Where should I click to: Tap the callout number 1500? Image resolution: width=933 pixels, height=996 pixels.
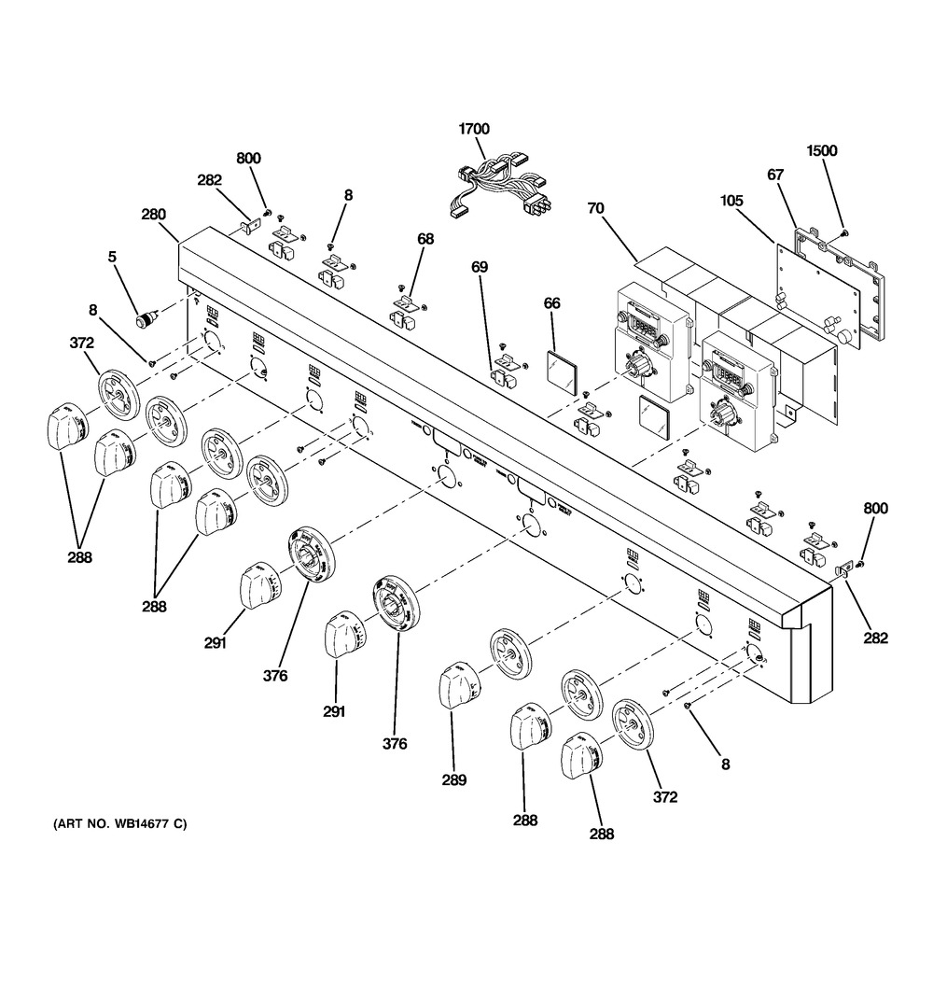822,150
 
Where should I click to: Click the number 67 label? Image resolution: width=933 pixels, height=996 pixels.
775,175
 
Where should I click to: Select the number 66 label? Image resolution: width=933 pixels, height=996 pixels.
552,303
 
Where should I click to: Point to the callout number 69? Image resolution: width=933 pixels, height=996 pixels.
479,268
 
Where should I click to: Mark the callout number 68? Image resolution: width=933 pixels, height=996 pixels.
425,240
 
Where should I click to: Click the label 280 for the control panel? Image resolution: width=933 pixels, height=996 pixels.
153,215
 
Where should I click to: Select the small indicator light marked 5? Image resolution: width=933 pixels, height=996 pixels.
146,321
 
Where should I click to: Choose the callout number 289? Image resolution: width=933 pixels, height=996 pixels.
454,780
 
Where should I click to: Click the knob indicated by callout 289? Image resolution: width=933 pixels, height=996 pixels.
456,684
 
